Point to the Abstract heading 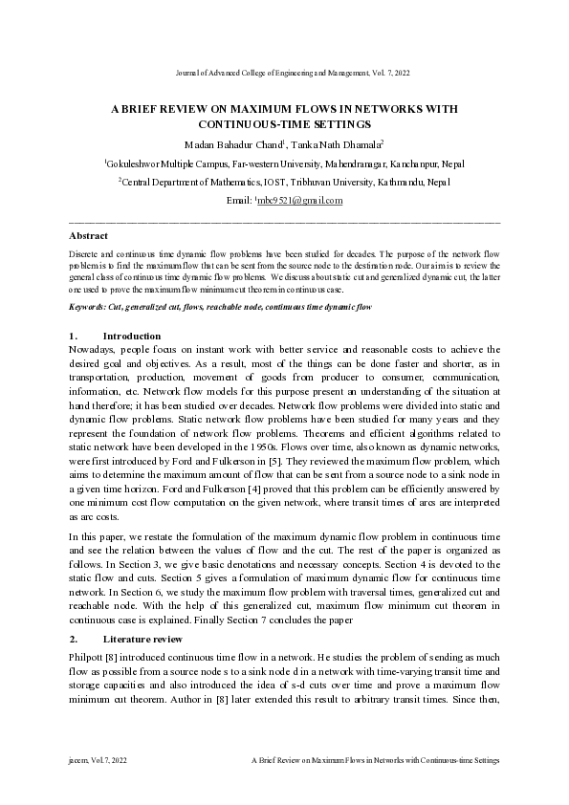(88, 235)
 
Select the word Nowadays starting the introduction (94, 350)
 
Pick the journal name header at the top (283, 73)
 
